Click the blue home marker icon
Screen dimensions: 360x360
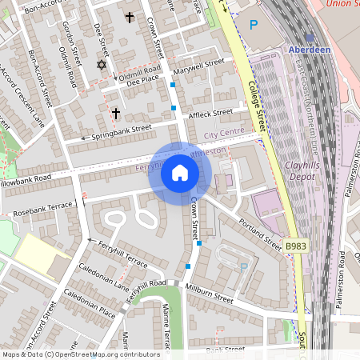click(180, 173)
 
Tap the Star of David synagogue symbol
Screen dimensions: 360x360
click(102, 65)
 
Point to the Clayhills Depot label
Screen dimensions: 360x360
click(308, 173)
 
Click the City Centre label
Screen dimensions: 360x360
click(222, 136)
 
